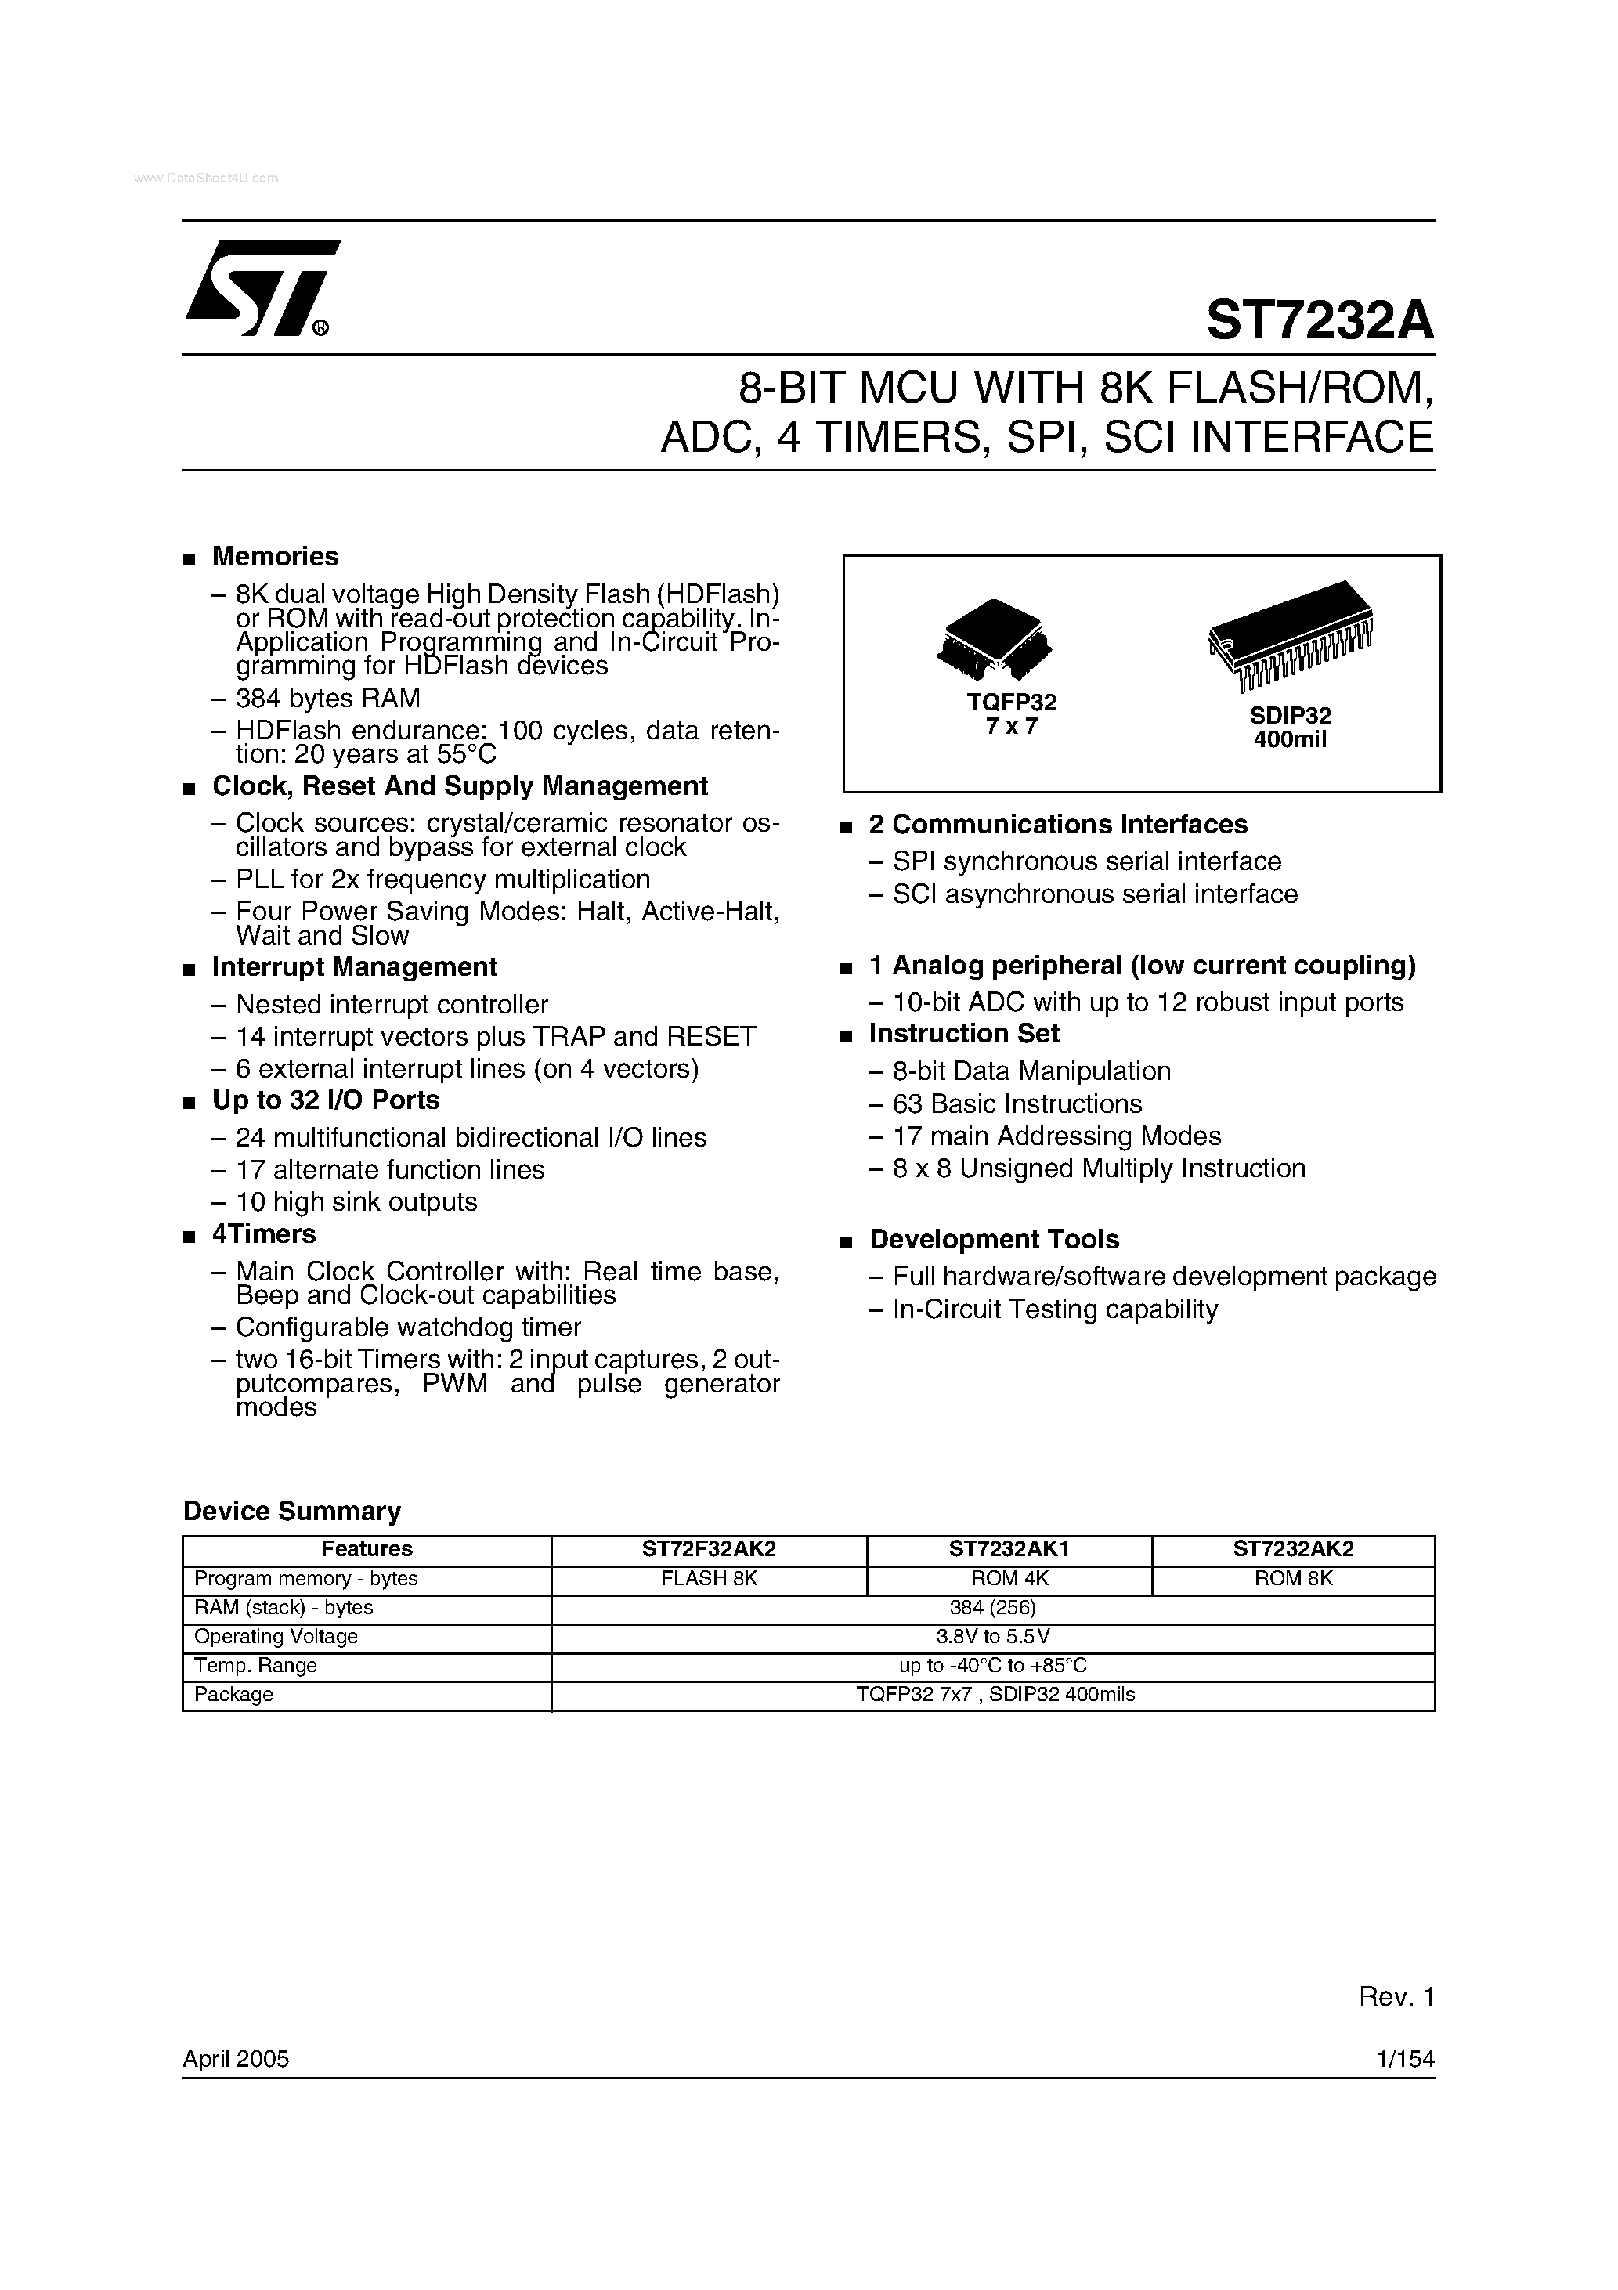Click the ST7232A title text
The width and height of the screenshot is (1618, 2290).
click(x=1319, y=321)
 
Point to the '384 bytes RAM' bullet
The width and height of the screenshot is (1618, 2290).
click(x=327, y=698)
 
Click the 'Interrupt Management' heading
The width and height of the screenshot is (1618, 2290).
click(x=354, y=967)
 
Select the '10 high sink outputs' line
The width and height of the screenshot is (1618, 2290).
click(x=356, y=1202)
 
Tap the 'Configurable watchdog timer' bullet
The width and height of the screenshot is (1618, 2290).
click(x=408, y=1327)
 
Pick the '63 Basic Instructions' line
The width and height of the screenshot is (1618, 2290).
click(x=1017, y=1104)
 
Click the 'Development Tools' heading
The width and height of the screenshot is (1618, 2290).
click(x=994, y=1240)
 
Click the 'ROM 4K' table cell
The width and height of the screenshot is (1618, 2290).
click(x=1009, y=1578)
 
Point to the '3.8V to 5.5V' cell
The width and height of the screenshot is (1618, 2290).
click(x=992, y=1636)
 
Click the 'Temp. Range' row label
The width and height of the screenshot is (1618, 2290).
click(x=255, y=1665)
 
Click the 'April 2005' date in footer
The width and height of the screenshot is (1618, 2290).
click(x=236, y=2059)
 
